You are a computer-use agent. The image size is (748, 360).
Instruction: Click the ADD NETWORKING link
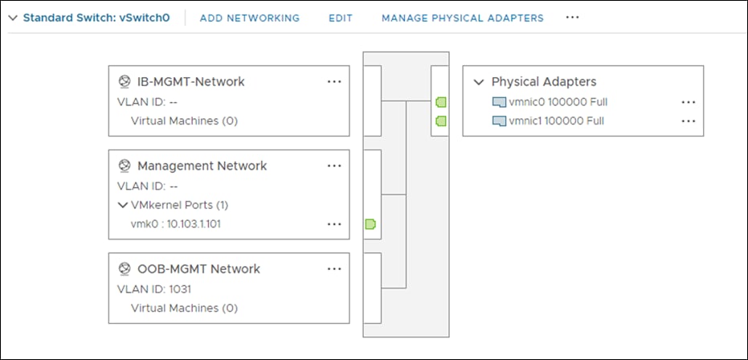[x=249, y=18]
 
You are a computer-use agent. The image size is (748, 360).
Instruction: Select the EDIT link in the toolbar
[x=341, y=18]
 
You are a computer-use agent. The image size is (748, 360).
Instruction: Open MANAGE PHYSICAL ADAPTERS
[x=462, y=18]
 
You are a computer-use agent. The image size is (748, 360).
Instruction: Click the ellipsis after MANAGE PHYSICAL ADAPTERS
[x=572, y=17]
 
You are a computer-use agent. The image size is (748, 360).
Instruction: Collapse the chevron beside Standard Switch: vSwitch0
[x=12, y=18]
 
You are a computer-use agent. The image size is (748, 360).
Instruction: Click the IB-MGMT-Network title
[x=190, y=81]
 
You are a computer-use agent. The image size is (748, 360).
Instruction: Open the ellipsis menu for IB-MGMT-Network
[x=334, y=81]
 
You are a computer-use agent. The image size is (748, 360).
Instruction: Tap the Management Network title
[x=202, y=166]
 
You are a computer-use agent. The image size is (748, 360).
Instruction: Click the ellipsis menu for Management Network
[x=334, y=166]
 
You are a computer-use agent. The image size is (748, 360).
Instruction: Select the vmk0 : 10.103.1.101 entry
[x=175, y=223]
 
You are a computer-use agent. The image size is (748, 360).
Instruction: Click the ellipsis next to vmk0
[x=334, y=224]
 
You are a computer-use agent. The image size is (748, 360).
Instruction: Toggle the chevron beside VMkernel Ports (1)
[x=122, y=205]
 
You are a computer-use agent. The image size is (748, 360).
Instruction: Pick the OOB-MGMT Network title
[x=198, y=268]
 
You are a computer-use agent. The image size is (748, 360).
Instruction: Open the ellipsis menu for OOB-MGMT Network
[x=334, y=268]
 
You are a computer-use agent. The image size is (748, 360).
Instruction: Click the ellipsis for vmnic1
[x=688, y=121]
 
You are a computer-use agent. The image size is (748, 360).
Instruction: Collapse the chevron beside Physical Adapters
[x=479, y=82]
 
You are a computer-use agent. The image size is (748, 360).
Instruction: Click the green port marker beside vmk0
[x=370, y=224]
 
